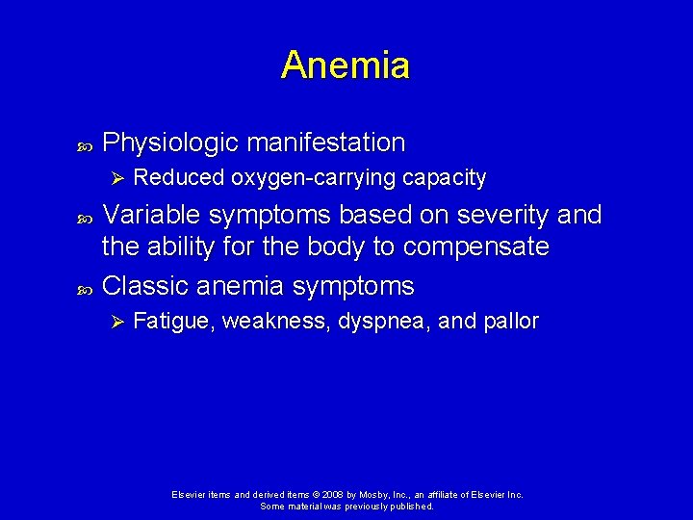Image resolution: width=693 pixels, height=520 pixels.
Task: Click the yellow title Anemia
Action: (x=346, y=65)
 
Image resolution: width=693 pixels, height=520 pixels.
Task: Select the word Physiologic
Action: (x=170, y=143)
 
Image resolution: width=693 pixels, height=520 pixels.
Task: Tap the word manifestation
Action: (x=326, y=143)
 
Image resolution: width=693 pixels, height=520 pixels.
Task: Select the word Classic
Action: (x=144, y=286)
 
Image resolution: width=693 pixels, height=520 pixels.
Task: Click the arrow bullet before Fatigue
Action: (x=115, y=322)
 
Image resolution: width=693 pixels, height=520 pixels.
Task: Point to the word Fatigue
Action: (x=173, y=322)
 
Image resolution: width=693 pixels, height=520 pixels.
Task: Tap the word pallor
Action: (x=508, y=322)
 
